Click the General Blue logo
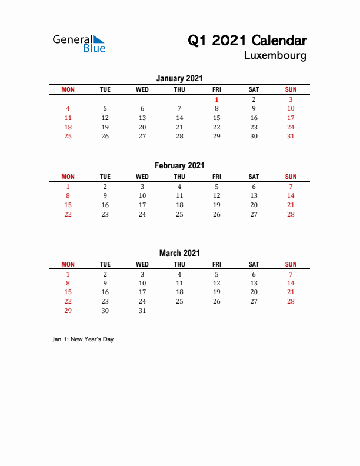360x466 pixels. [79, 44]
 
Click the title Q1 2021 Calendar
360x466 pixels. [247, 41]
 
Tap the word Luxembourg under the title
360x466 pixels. [275, 56]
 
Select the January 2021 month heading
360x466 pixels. [179, 78]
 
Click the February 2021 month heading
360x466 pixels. [179, 166]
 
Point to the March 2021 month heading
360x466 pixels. [179, 253]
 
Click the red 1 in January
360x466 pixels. [216, 99]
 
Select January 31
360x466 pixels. [291, 136]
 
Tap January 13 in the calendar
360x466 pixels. [142, 118]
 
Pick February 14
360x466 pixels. [291, 195]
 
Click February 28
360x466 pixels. [291, 214]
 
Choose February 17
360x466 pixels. [142, 205]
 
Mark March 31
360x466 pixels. [142, 311]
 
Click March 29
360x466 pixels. [68, 311]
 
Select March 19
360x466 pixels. [216, 292]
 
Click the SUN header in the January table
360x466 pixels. [291, 89]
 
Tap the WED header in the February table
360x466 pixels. [142, 177]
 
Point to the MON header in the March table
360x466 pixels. [68, 264]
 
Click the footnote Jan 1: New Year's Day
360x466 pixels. [83, 339]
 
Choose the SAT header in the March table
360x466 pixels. [254, 264]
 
